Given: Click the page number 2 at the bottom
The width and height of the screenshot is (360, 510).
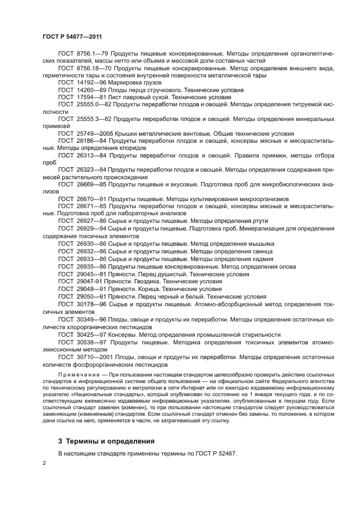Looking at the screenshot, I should click(44, 463).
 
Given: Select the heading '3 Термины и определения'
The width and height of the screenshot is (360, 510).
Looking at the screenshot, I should click(106, 441).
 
